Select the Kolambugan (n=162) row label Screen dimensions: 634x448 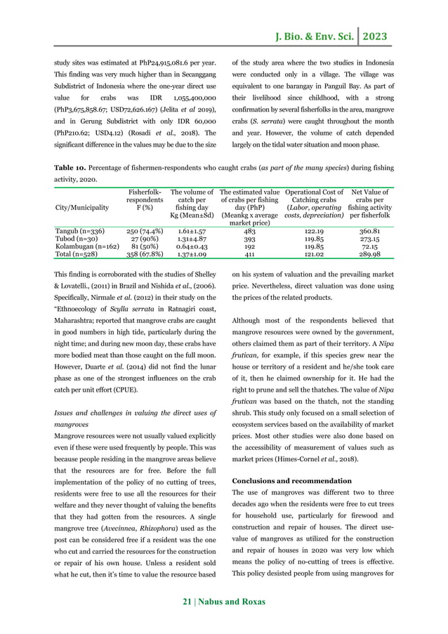(86, 246)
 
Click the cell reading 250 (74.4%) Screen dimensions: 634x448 (145, 230)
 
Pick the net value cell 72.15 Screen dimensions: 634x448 (369, 246)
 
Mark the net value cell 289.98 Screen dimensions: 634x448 (369, 256)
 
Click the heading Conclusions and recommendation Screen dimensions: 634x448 (291, 481)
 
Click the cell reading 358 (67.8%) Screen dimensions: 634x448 (145, 256)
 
